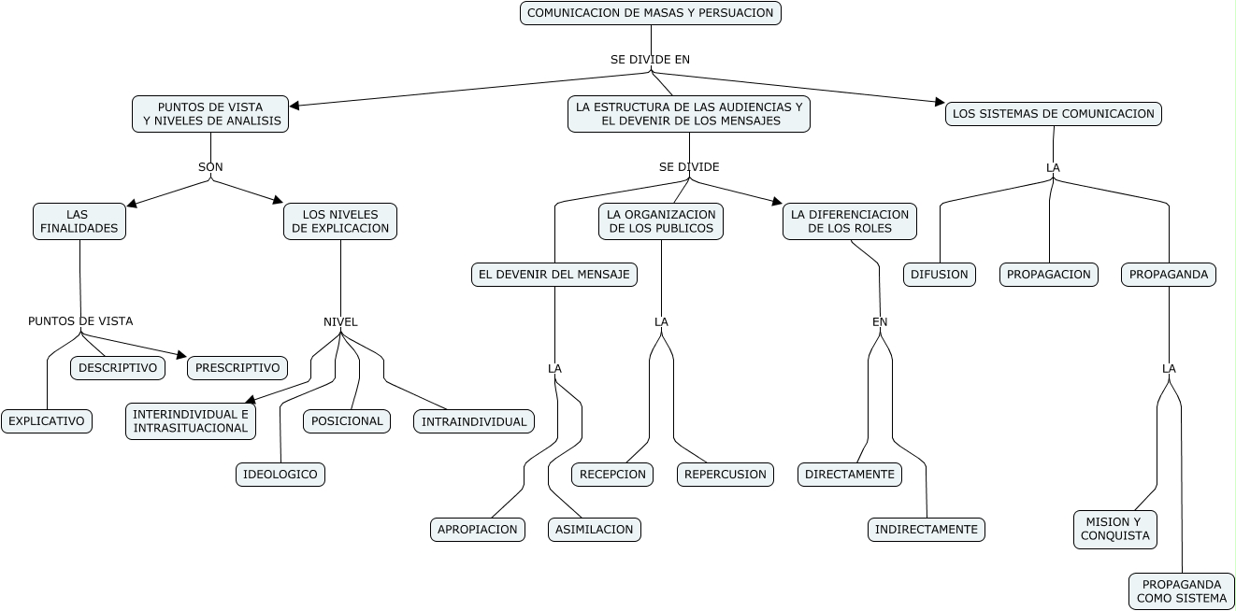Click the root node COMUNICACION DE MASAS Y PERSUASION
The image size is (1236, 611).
651,13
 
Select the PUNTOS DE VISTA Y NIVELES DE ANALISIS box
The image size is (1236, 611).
210,114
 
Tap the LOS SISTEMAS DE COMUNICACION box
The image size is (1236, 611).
1054,114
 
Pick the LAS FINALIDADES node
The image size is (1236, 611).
79,221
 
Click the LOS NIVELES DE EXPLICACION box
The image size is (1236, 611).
340,221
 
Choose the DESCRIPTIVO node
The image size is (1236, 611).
118,368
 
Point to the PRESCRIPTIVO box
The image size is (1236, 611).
237,368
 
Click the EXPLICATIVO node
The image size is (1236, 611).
47,421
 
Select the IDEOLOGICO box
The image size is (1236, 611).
280,475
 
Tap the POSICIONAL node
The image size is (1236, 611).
347,421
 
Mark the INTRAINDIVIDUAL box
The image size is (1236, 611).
474,422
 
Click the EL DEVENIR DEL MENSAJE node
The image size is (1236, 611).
554,275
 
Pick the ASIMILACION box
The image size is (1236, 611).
595,530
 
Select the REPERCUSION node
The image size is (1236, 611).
725,475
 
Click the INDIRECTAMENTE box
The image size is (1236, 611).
927,530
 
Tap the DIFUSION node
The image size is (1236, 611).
939,275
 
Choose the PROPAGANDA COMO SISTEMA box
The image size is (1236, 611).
1182,591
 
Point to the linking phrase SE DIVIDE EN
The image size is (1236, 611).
650,60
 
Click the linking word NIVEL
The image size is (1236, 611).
340,322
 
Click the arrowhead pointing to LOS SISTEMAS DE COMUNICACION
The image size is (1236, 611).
941,102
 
